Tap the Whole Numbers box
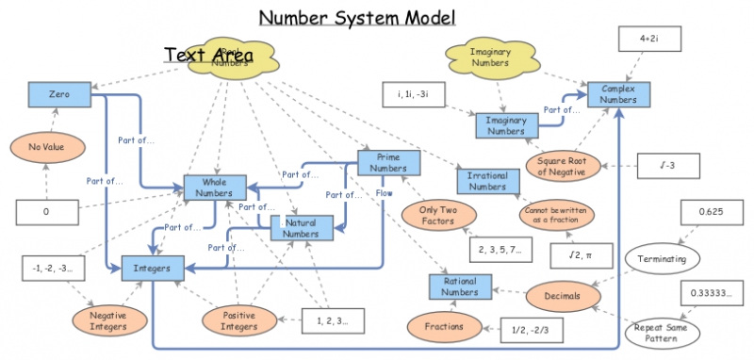215,187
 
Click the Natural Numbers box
302,227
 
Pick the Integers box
152,269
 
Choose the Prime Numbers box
389,162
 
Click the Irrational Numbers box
487,180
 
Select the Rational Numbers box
460,286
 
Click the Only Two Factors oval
438,215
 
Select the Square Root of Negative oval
561,167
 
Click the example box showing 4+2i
647,39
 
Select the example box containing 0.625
710,212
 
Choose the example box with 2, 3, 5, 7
500,248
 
